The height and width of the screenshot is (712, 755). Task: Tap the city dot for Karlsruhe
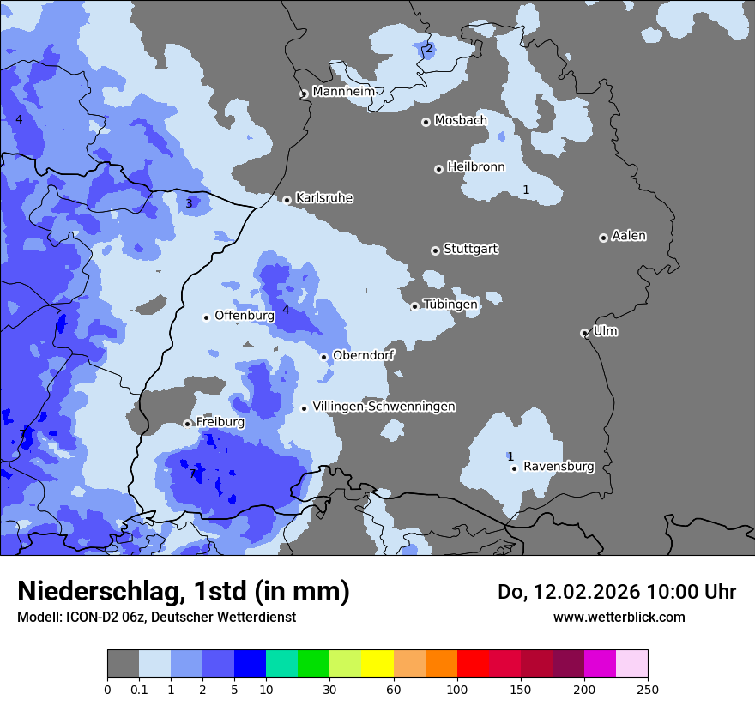(287, 200)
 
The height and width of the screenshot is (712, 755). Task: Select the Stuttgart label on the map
(470, 249)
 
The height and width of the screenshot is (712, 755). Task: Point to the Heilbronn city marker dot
(438, 169)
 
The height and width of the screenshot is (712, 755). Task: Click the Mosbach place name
(460, 120)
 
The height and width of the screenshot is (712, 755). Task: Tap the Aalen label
(629, 235)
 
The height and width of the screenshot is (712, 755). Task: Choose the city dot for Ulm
(584, 333)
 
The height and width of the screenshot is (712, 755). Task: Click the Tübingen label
(450, 304)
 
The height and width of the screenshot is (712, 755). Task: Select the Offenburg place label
(245, 315)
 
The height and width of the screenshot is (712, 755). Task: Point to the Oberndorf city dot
(323, 357)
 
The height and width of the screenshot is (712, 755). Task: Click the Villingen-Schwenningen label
(384, 406)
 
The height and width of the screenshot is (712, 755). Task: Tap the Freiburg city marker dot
(187, 424)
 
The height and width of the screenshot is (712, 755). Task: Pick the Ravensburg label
(559, 467)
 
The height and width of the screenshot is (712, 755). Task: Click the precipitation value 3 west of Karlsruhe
(190, 203)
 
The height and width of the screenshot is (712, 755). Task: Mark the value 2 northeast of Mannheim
(429, 48)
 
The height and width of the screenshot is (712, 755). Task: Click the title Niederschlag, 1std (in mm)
(184, 591)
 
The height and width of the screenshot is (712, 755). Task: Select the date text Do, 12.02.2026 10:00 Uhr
(617, 592)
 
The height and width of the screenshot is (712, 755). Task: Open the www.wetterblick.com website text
(619, 617)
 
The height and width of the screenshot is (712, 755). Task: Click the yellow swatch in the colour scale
(377, 664)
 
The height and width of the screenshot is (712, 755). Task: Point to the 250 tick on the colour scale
(648, 688)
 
